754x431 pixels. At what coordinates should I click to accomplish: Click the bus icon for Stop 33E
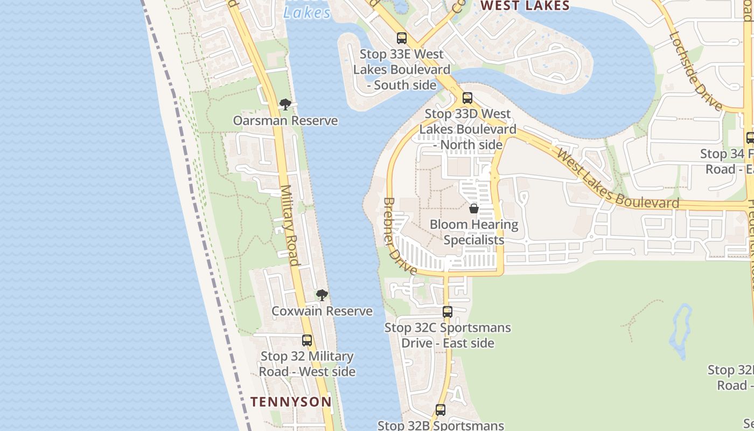[x=402, y=38]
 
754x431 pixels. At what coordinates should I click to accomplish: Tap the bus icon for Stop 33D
[x=467, y=98]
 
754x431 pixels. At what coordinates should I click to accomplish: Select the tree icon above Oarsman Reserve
[x=285, y=105]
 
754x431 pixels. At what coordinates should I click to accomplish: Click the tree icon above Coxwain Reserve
[x=322, y=295]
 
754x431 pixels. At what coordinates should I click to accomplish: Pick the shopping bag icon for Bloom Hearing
[x=474, y=208]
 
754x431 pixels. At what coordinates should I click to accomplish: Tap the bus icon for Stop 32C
[x=448, y=311]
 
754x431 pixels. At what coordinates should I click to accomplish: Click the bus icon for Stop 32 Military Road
[x=307, y=340]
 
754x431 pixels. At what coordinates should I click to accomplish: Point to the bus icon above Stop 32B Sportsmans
[x=441, y=410]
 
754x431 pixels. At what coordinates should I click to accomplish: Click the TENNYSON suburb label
[x=291, y=402]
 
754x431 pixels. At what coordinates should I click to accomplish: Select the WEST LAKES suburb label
[x=525, y=6]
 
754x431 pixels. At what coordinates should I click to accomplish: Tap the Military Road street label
[x=289, y=226]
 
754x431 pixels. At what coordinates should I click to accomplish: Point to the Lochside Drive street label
[x=695, y=71]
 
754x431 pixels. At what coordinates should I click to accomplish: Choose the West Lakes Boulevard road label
[x=617, y=180]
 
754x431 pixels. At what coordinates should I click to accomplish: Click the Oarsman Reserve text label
[x=285, y=121]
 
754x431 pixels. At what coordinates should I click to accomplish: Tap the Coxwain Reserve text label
[x=322, y=311]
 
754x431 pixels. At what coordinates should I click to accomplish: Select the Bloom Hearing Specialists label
[x=474, y=232]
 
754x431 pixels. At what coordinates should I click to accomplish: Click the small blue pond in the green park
[x=681, y=331]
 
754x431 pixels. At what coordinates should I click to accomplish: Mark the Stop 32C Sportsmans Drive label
[x=448, y=335]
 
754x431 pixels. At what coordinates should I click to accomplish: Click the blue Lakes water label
[x=306, y=12]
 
